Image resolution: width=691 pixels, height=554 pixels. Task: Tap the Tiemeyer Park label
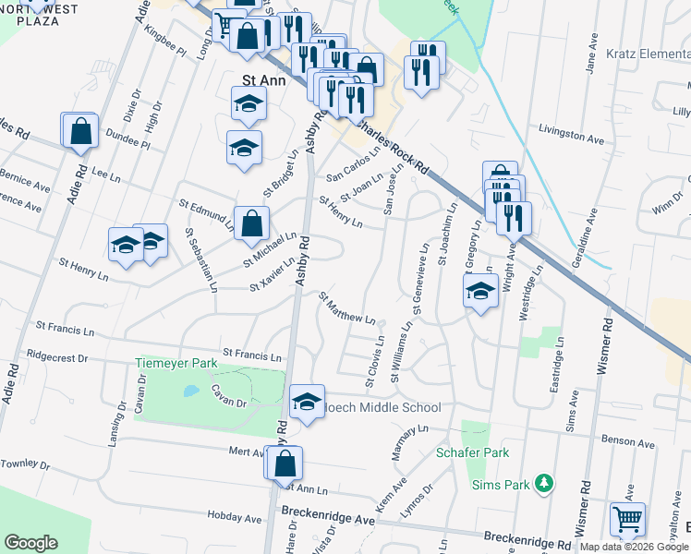pyautogui.click(x=176, y=364)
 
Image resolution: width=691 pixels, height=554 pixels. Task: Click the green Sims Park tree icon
pyautogui.click(x=545, y=483)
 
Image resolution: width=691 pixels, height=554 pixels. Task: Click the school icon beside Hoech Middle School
pyautogui.click(x=307, y=402)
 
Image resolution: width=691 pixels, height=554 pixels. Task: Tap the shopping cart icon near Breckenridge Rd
pyautogui.click(x=628, y=520)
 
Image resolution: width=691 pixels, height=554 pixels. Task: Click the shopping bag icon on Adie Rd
pyautogui.click(x=80, y=131)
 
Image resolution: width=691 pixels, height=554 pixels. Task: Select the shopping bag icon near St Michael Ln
pyautogui.click(x=252, y=223)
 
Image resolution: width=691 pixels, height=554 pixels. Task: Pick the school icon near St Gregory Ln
pyautogui.click(x=479, y=292)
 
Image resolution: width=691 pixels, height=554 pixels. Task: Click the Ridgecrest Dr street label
pyautogui.click(x=56, y=356)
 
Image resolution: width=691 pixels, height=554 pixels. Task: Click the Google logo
pyautogui.click(x=31, y=543)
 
